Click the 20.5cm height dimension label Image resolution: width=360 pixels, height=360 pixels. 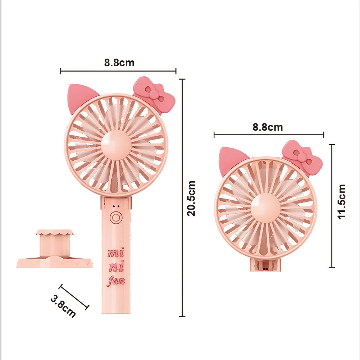[192, 198]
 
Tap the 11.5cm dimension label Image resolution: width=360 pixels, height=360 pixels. [341, 201]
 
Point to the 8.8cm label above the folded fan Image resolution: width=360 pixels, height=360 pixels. [268, 127]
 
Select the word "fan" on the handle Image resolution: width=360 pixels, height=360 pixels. [116, 280]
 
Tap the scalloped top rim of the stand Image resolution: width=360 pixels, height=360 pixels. [56, 234]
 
